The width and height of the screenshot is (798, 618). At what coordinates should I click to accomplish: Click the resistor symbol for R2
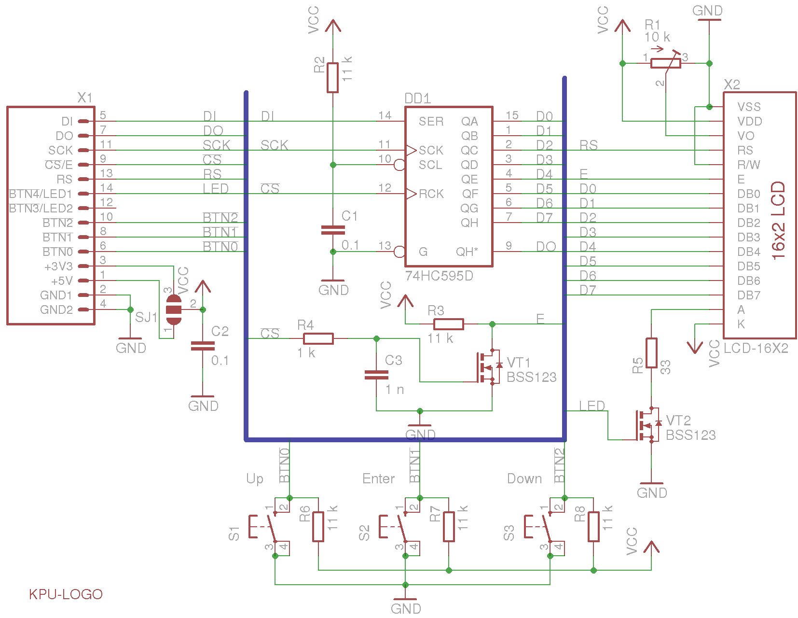(332, 77)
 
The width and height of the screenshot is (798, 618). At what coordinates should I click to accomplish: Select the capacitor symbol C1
(332, 230)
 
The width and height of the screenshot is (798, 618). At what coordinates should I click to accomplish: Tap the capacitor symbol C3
(376, 375)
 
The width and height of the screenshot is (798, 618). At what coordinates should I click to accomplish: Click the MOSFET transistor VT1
(487, 367)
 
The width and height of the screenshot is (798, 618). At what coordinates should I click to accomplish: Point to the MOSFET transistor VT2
(647, 425)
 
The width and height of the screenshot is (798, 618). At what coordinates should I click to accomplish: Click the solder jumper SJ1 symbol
(173, 309)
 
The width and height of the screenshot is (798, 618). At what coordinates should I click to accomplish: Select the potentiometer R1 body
(665, 63)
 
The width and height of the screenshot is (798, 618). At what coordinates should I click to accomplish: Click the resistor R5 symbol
(651, 353)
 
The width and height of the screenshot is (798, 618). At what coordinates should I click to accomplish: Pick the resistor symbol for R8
(593, 527)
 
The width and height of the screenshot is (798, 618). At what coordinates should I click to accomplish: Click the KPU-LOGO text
(66, 594)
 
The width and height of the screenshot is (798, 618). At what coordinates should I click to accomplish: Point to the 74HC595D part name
(439, 276)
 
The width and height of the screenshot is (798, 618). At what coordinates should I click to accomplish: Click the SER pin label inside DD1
(431, 122)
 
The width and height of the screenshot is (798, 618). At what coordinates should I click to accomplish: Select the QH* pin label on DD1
(467, 252)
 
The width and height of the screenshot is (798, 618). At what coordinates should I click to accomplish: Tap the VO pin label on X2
(745, 136)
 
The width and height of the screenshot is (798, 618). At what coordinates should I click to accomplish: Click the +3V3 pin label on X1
(58, 267)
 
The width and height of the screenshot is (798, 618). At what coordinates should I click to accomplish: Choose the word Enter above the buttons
(378, 478)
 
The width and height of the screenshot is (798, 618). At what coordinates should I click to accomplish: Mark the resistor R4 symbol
(318, 338)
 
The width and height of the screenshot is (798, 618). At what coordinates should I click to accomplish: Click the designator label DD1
(417, 98)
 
